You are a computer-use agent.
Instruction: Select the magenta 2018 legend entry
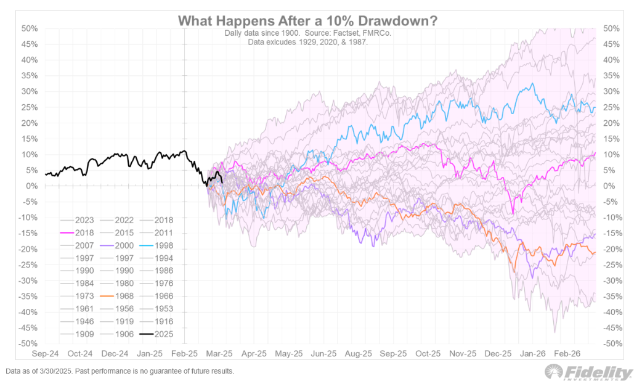(x=78, y=233)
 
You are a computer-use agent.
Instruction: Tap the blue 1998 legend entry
(x=159, y=246)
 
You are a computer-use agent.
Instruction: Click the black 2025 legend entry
(x=159, y=335)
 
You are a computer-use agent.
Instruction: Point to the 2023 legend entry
(x=78, y=220)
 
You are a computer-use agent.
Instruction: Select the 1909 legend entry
(x=78, y=335)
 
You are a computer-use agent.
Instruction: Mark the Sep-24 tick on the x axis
(x=45, y=354)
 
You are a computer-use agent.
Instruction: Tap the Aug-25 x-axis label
(x=359, y=354)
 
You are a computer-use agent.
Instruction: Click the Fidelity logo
(x=588, y=373)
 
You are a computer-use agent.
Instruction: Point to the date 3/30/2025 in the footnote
(x=57, y=372)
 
